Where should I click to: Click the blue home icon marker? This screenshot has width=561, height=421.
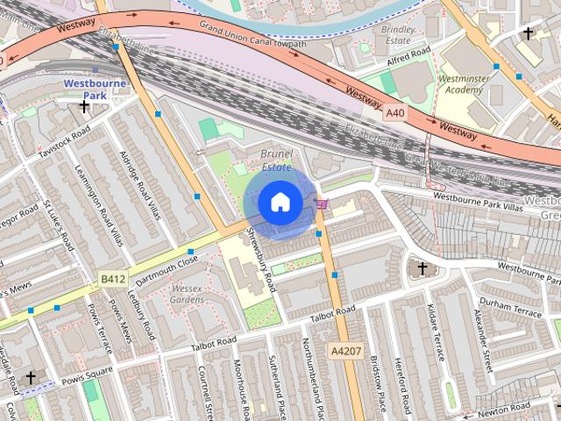[280, 203]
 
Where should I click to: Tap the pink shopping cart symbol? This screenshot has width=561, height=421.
[323, 204]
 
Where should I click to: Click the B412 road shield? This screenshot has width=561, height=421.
[110, 279]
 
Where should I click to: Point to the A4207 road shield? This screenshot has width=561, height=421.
[345, 350]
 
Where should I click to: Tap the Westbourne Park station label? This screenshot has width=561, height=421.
[95, 89]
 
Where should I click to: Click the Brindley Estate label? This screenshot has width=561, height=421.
[399, 34]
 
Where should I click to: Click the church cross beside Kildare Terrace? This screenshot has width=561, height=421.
[422, 268]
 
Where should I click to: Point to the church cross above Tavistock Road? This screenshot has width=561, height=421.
[84, 107]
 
